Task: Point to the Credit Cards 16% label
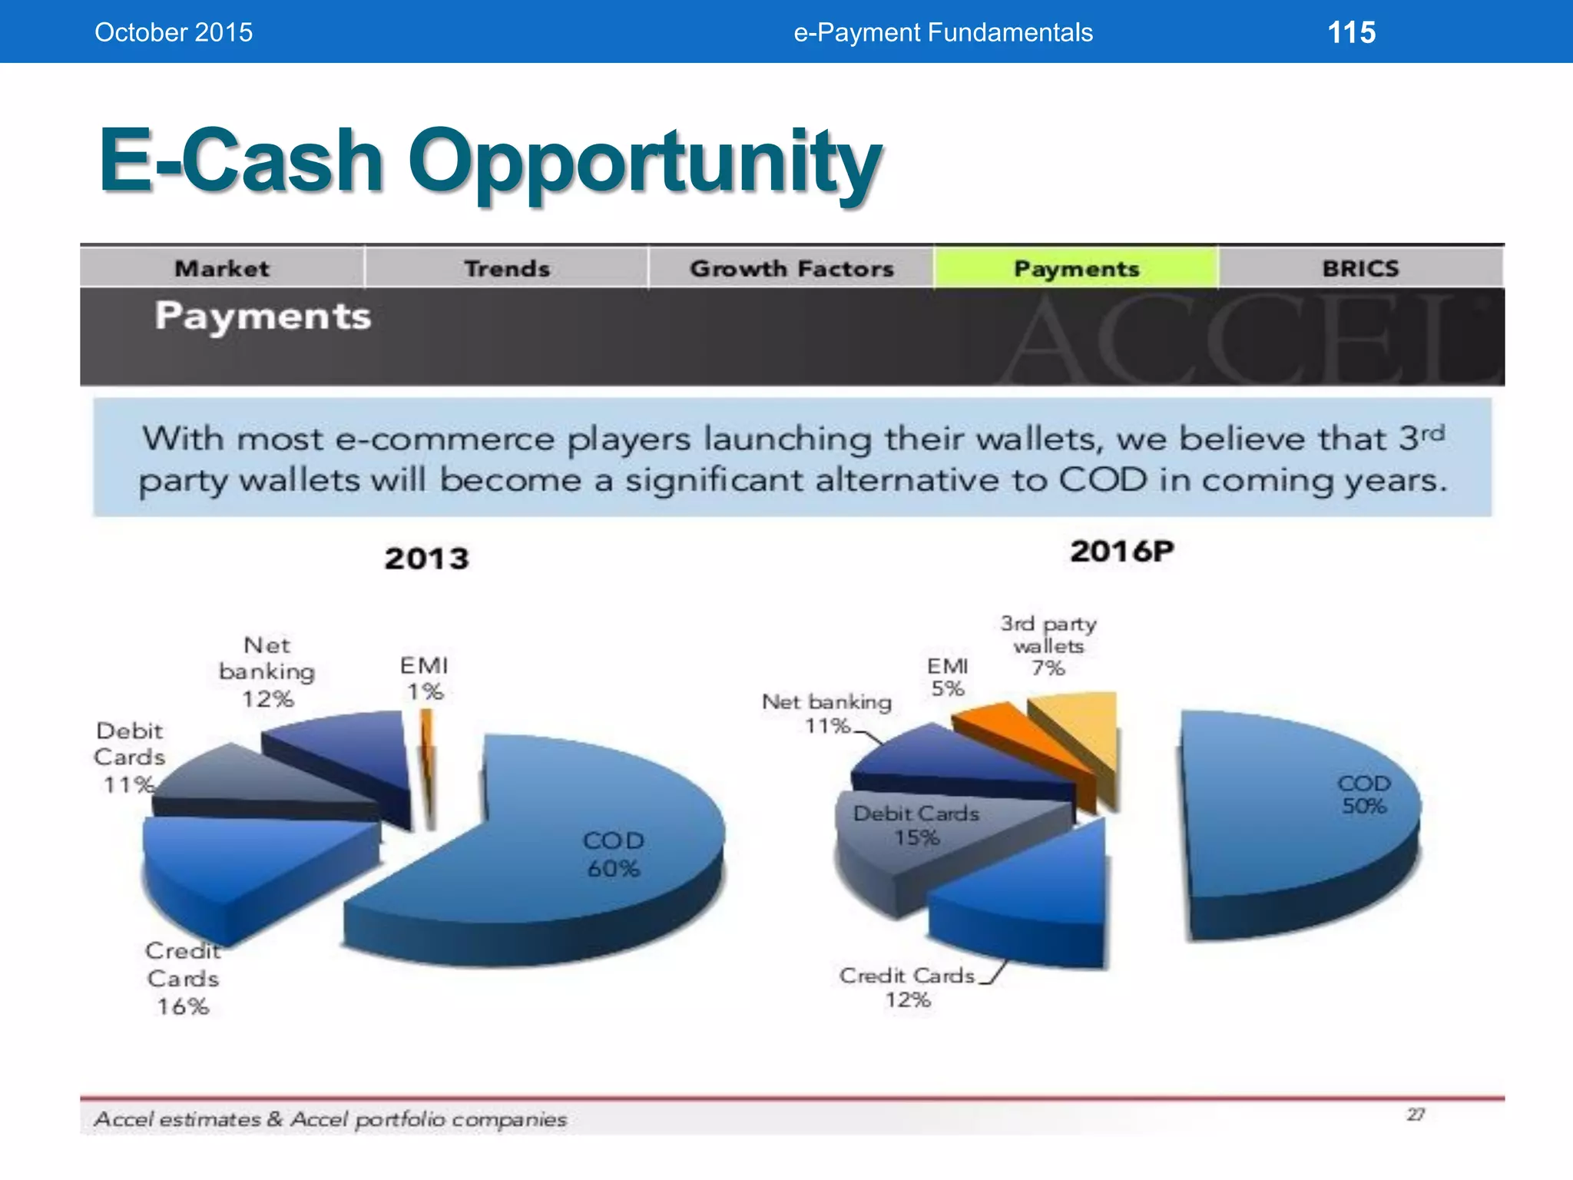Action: pos(183,979)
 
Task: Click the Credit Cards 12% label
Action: pos(908,987)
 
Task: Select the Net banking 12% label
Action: pos(267,671)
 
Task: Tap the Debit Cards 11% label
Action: pos(129,757)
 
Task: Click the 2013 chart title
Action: pos(426,559)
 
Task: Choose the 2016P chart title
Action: pos(1121,552)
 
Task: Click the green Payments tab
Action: pos(1076,268)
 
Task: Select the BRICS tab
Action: pos(1360,268)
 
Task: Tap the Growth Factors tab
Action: pos(791,268)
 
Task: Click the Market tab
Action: pos(222,268)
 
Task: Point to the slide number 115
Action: pos(1351,32)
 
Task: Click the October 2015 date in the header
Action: pos(174,32)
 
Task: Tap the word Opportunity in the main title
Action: pos(645,161)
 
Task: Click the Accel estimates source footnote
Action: pos(330,1119)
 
